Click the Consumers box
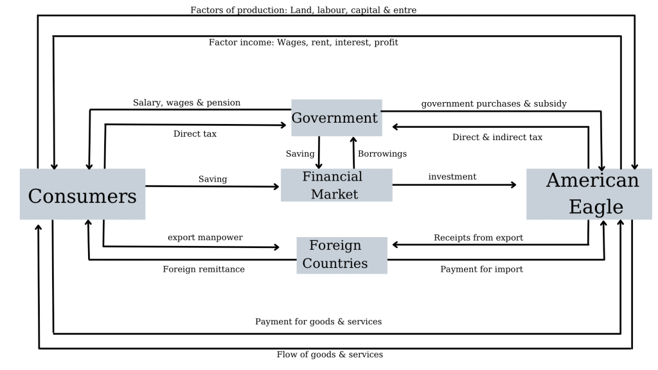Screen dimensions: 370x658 pyautogui.click(x=82, y=194)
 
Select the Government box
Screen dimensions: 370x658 pyautogui.click(x=336, y=118)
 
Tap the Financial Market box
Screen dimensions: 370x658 pyautogui.click(x=336, y=185)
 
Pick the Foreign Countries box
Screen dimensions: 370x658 pyautogui.click(x=341, y=255)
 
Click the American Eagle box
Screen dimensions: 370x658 pyautogui.click(x=589, y=194)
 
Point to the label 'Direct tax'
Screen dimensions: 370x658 pyautogui.click(x=195, y=134)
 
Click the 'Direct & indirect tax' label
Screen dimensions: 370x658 pyautogui.click(x=497, y=137)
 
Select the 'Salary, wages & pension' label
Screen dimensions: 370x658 pyautogui.click(x=186, y=103)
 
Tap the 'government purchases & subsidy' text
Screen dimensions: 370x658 pyautogui.click(x=493, y=103)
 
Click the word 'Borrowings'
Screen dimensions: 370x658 pyautogui.click(x=382, y=154)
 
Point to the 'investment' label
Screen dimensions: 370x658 pyautogui.click(x=452, y=177)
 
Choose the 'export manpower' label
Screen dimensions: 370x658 pyautogui.click(x=205, y=238)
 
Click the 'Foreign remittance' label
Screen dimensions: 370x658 pyautogui.click(x=204, y=269)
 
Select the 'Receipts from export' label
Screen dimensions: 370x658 pyautogui.click(x=478, y=238)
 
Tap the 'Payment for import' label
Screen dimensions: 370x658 pyautogui.click(x=481, y=269)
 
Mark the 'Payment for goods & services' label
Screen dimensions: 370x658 pyautogui.click(x=318, y=321)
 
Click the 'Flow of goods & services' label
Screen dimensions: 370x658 pyautogui.click(x=330, y=355)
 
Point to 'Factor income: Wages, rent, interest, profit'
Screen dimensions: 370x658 pyautogui.click(x=303, y=42)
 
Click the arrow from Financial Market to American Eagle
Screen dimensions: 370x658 pyautogui.click(x=454, y=185)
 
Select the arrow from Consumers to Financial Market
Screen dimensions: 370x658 pyautogui.click(x=213, y=187)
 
